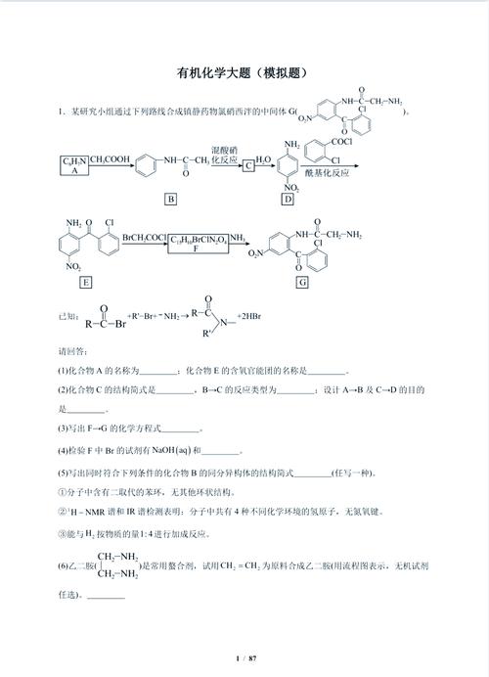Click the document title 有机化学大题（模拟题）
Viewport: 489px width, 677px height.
pyautogui.click(x=244, y=72)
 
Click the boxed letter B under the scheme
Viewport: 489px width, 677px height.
pyautogui.click(x=171, y=200)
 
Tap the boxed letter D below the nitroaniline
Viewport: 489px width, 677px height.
pyautogui.click(x=288, y=200)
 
